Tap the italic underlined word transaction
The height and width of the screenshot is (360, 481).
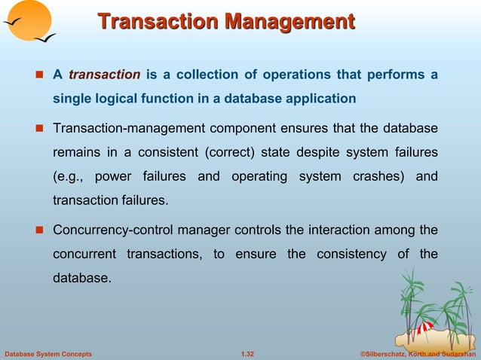[x=104, y=75]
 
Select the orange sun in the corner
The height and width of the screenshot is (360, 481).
[x=26, y=20]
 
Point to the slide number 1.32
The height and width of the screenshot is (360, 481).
[x=247, y=352]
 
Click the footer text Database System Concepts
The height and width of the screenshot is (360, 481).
[x=48, y=352]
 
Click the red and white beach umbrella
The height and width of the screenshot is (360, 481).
[x=425, y=328]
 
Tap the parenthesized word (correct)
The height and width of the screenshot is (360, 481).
[x=232, y=154]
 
